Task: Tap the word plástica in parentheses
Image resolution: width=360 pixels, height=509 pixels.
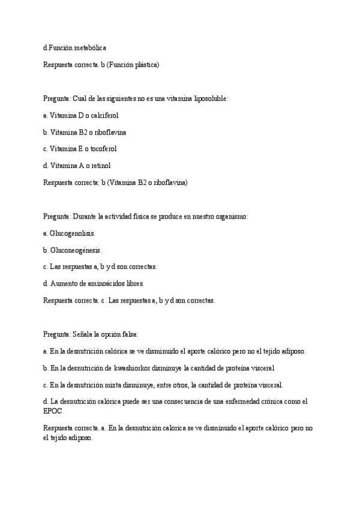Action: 143,64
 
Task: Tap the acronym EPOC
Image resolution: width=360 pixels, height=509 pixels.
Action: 53,412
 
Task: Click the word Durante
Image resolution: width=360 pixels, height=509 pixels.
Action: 85,215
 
